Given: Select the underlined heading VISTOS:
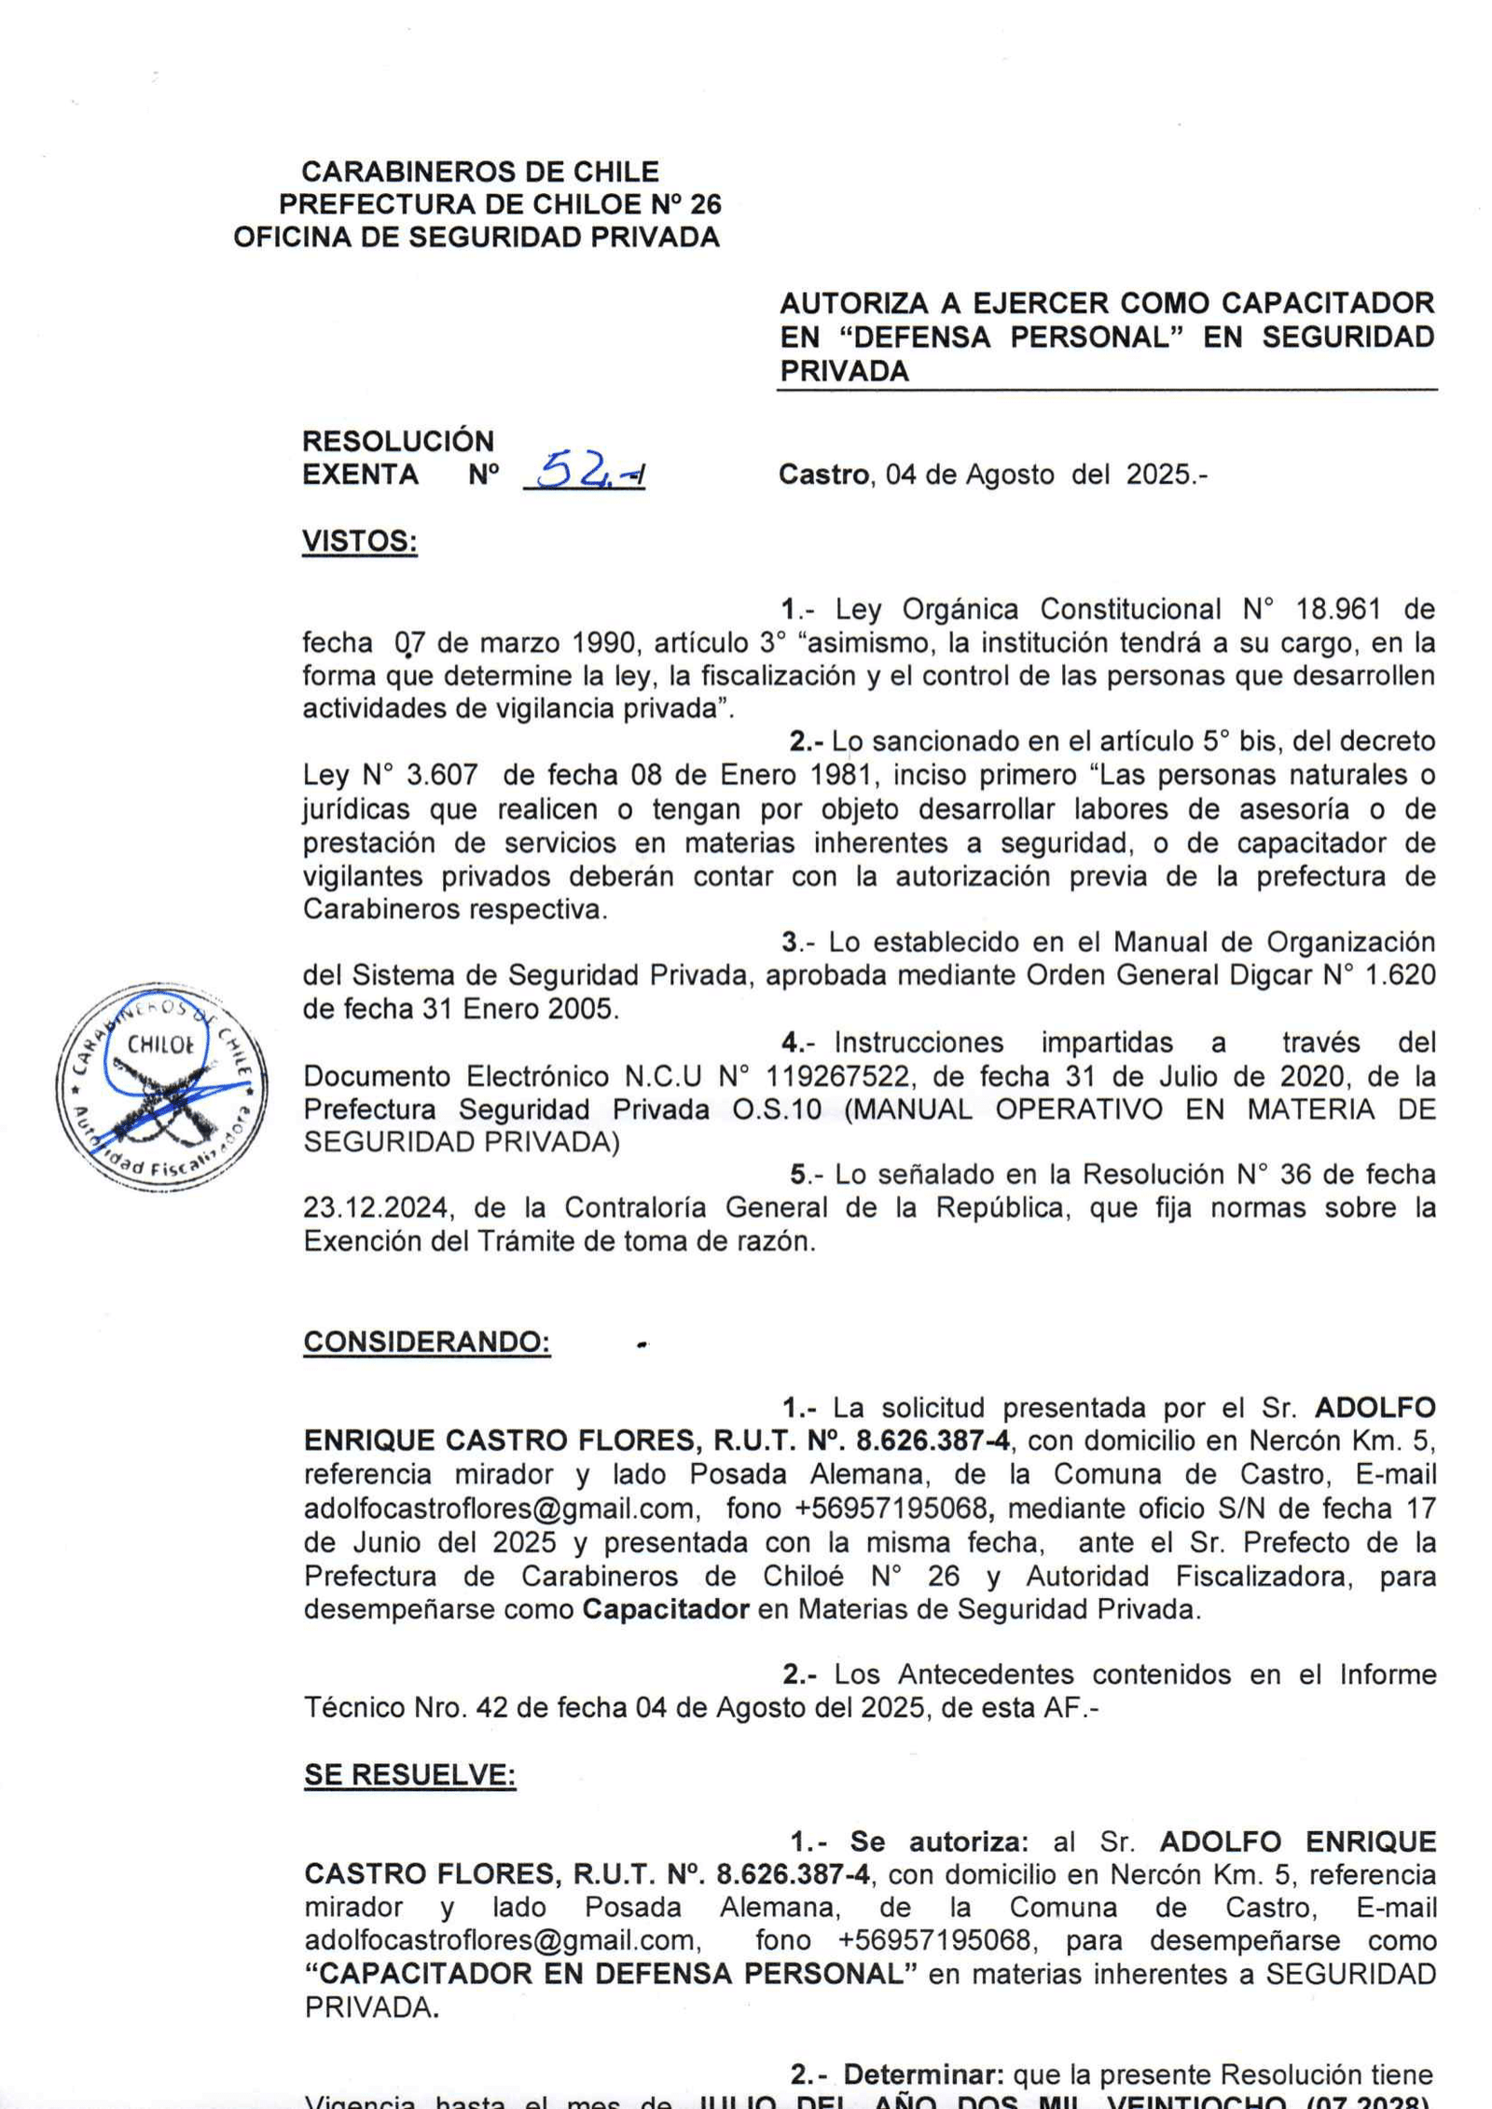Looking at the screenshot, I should click(x=359, y=541).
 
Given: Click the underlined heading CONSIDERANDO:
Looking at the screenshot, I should click(x=426, y=1342).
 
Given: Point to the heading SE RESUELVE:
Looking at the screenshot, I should click(x=409, y=1774).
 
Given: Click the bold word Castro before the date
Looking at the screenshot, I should click(x=823, y=475).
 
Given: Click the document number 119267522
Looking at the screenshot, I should click(x=836, y=1077).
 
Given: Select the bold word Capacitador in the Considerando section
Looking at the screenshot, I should click(x=666, y=1609).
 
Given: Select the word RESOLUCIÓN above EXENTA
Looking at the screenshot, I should click(x=397, y=441).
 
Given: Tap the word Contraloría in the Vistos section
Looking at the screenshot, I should click(x=627, y=1207).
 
